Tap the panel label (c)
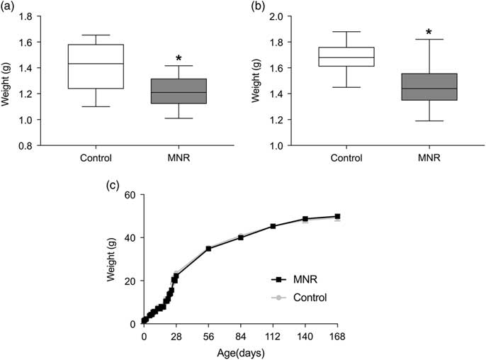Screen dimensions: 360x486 [x=112, y=186]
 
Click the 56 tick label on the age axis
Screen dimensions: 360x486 [x=208, y=338]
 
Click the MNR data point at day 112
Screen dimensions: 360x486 [x=273, y=226]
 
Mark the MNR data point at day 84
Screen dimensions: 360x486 [x=241, y=237]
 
